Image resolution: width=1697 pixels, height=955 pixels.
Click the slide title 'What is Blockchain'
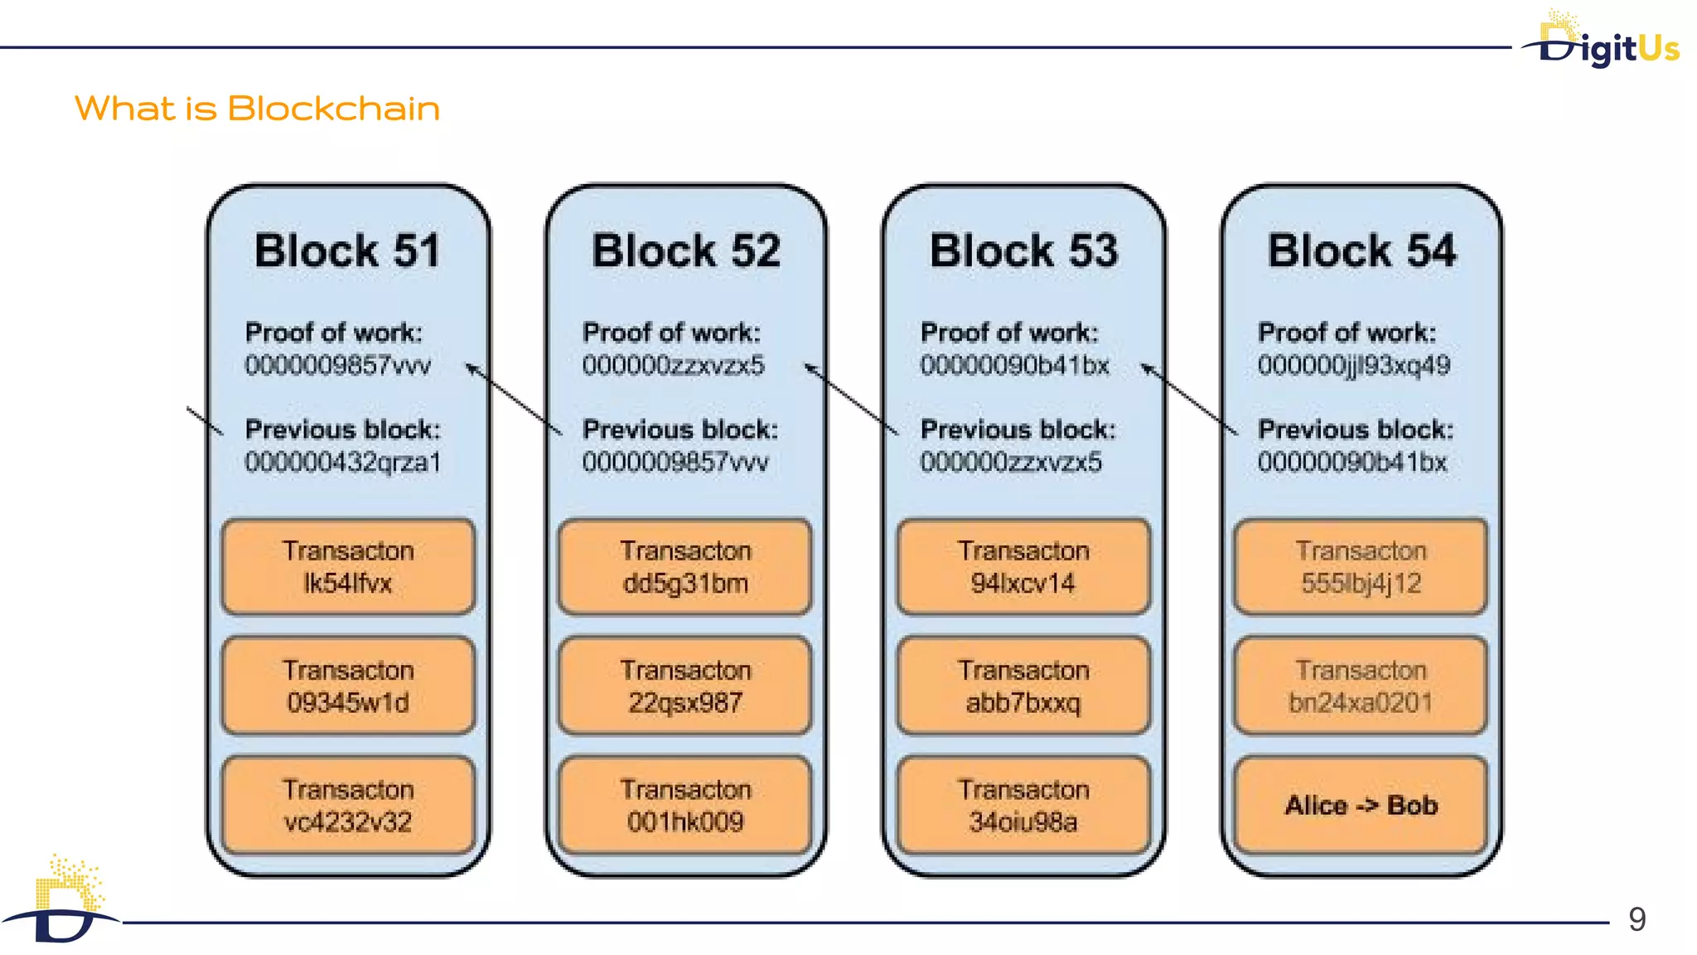tap(257, 109)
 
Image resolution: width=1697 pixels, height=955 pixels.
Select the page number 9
tap(1637, 919)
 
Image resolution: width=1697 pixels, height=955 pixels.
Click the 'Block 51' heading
tap(347, 250)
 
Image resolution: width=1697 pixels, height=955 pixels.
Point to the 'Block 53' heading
tap(1023, 250)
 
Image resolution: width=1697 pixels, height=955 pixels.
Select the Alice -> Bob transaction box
tap(1361, 805)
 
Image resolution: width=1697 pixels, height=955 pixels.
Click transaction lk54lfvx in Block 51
tap(348, 567)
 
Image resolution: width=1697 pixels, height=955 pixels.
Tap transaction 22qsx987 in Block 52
tap(685, 686)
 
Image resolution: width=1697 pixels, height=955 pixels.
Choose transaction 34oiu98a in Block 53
tap(1023, 805)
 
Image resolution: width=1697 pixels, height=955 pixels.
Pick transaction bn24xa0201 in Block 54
tap(1361, 686)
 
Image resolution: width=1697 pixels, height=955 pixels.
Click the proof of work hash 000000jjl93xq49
tap(1353, 366)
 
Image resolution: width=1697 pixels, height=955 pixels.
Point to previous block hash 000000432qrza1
tap(342, 462)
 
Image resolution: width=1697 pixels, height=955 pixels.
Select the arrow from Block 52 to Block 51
tap(514, 399)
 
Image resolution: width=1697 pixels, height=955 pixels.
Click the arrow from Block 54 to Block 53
tap(1189, 399)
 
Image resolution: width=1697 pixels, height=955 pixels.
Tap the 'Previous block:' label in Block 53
tap(1018, 429)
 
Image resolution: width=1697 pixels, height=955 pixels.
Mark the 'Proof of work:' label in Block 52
tap(671, 332)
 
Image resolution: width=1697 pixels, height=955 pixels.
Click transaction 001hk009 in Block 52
tap(685, 805)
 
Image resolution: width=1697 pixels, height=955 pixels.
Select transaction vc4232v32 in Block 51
tap(348, 805)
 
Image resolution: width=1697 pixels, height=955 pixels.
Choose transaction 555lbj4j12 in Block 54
tap(1361, 567)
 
